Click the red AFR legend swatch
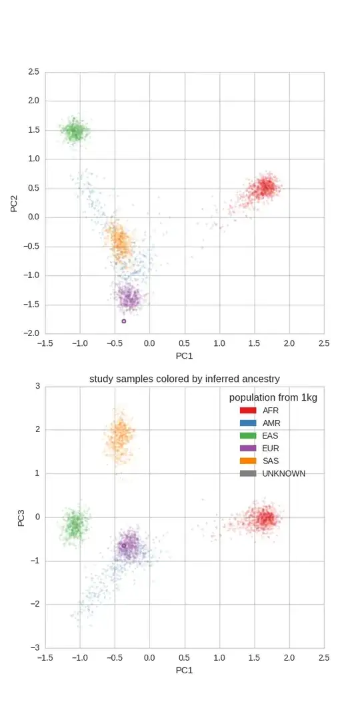248,410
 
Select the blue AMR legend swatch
248,423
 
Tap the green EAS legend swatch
248,435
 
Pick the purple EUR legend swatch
248,448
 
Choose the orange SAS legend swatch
248,461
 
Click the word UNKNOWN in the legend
284,473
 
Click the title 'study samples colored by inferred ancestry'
185,379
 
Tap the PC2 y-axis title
15,202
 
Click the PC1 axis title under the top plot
185,357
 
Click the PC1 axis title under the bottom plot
185,670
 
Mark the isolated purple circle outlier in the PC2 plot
124,321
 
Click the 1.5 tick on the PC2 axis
33,130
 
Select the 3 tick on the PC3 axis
37,386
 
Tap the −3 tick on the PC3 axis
35,647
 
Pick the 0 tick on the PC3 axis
37,517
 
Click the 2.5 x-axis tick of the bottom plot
324,657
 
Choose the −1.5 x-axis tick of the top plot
45,343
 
